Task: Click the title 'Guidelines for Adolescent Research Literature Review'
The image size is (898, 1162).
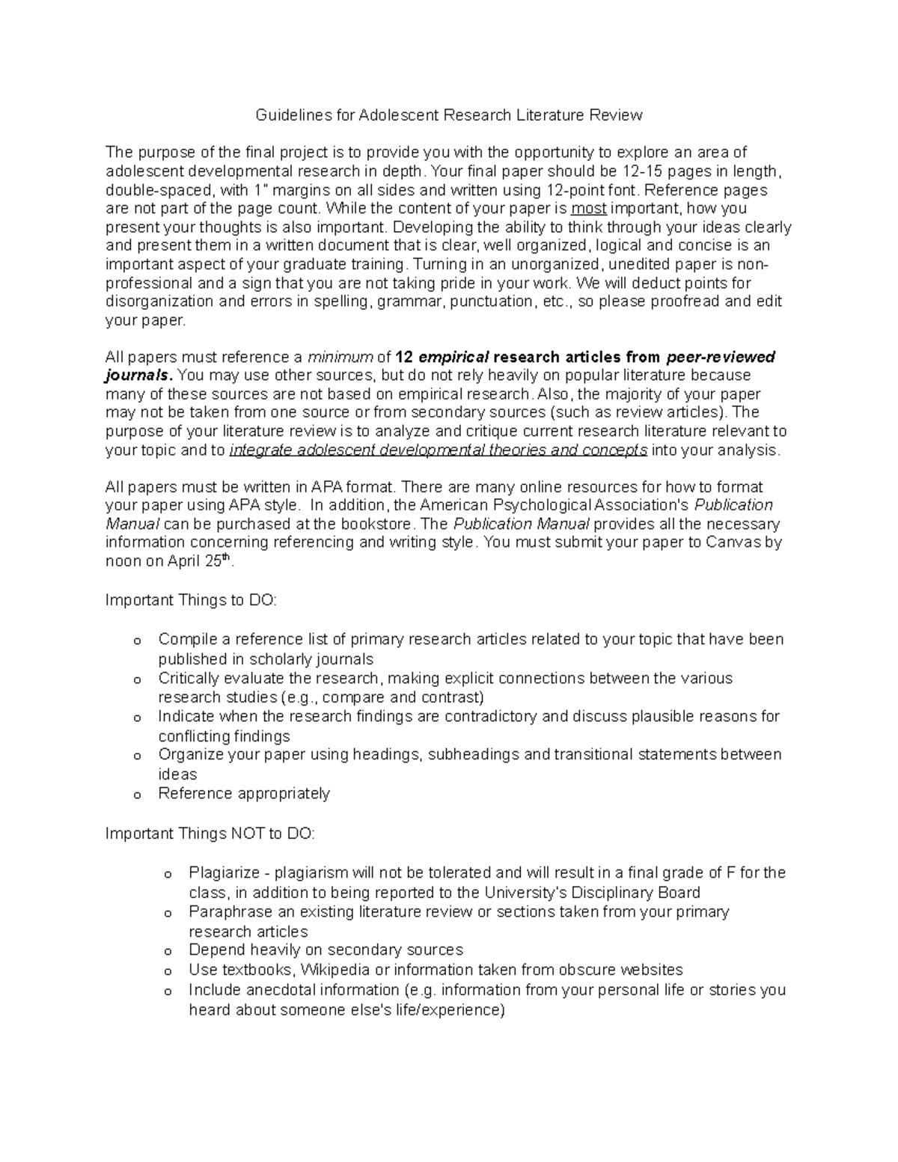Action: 449,115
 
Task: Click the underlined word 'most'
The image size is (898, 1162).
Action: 588,209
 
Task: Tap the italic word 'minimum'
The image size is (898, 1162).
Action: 340,357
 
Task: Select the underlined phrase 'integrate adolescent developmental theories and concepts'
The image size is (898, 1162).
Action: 439,450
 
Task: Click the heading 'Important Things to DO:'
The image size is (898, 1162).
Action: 191,600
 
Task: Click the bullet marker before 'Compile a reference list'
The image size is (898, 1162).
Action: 136,641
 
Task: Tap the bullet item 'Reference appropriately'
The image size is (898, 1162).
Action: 244,794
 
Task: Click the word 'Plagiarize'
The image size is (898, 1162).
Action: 224,872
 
